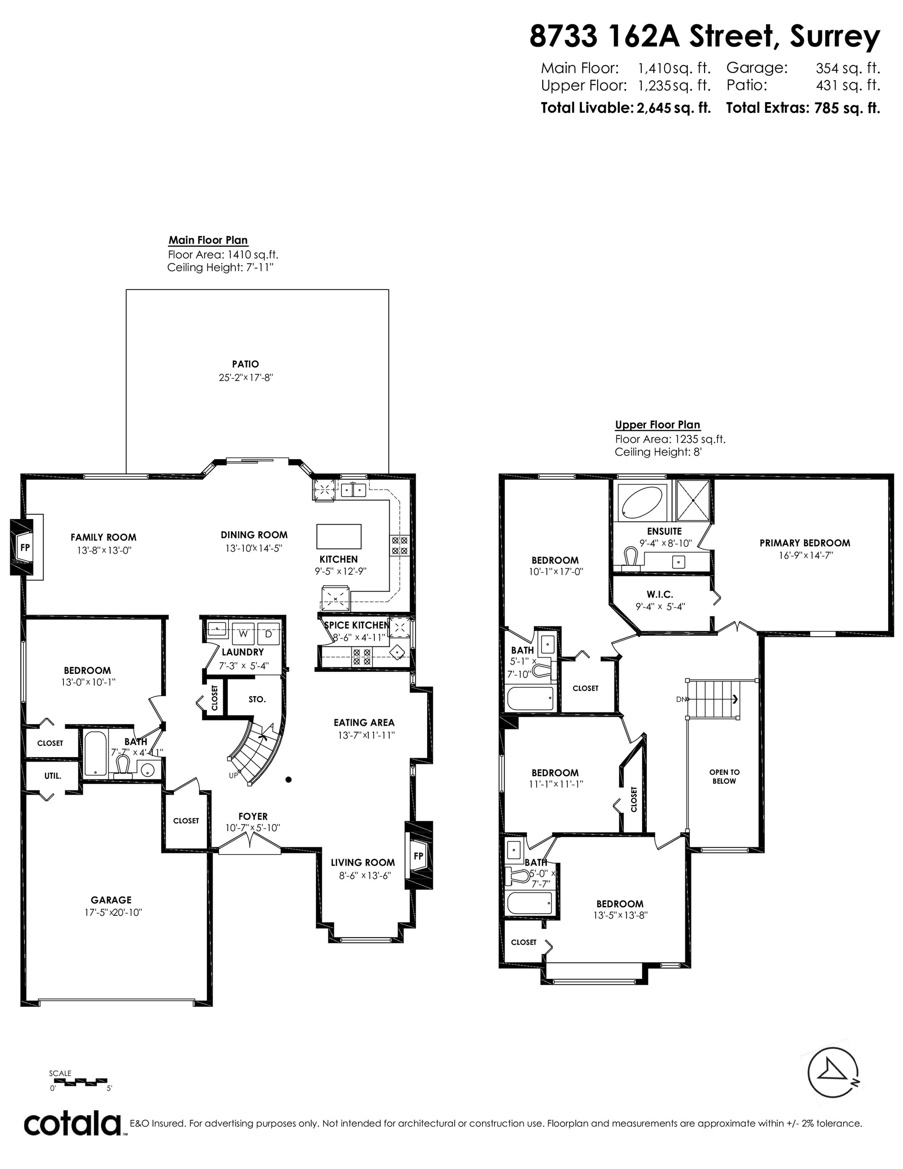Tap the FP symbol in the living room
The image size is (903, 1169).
[x=419, y=855]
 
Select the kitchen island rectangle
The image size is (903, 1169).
[x=339, y=536]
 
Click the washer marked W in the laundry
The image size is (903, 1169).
[x=243, y=634]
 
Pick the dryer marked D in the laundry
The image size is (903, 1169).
[x=269, y=634]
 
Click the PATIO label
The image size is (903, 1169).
[x=246, y=364]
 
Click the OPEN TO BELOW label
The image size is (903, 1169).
[x=724, y=776]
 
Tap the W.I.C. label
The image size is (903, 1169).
[x=659, y=594]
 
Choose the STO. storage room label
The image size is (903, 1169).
[x=257, y=699]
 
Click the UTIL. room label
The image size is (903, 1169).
[x=52, y=775]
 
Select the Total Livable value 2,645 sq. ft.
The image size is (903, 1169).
[x=673, y=108]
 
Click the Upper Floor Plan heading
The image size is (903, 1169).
[x=657, y=425]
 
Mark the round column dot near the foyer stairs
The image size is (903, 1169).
[x=289, y=779]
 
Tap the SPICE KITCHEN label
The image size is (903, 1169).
[x=357, y=625]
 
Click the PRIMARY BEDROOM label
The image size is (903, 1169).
[x=805, y=543]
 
